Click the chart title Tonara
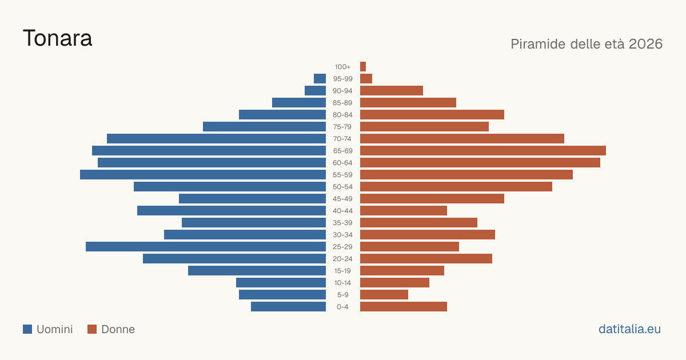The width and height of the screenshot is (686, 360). click(58, 38)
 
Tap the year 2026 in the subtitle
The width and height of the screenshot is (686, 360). click(645, 44)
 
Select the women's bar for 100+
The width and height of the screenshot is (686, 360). click(363, 66)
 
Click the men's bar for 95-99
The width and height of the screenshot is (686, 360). click(320, 79)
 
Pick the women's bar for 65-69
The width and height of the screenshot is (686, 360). click(483, 151)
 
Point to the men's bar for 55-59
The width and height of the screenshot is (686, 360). click(203, 174)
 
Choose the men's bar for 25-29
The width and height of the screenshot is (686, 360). click(206, 246)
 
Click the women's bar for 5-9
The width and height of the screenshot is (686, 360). click(384, 294)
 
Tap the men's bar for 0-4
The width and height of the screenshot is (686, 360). click(289, 306)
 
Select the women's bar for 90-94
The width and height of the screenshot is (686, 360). click(392, 91)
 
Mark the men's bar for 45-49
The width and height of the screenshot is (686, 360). click(252, 199)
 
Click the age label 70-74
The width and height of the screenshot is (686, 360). click(342, 139)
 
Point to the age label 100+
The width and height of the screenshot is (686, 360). click(342, 67)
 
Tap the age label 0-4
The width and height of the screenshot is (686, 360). click(342, 307)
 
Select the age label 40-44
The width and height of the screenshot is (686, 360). click(342, 211)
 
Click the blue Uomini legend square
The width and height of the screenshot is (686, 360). click(27, 329)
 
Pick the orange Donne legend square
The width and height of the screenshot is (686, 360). click(92, 329)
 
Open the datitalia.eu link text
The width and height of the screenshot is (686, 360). click(629, 329)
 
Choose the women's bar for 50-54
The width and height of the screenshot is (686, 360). click(456, 186)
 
